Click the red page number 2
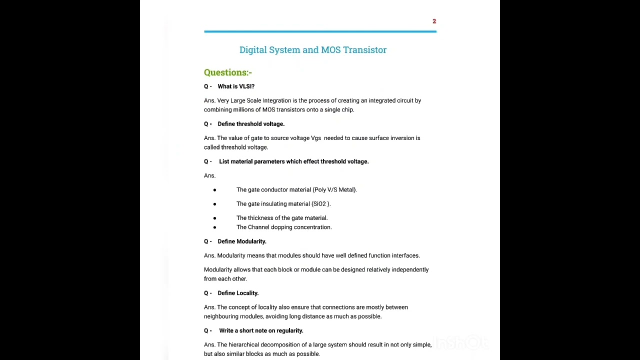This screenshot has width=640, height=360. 434,21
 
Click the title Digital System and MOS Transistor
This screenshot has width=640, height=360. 312,50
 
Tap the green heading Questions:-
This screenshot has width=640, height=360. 227,72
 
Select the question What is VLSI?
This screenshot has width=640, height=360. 236,86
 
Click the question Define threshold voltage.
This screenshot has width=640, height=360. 251,124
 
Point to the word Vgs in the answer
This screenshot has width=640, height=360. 316,138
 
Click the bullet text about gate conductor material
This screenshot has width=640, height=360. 296,190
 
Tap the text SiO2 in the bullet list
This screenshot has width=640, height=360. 319,204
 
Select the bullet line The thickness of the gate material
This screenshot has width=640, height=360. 282,218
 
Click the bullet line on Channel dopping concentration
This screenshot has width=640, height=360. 284,227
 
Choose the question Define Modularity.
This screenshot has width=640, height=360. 241,241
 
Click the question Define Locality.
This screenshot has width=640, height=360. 238,293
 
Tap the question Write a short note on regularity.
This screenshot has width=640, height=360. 261,330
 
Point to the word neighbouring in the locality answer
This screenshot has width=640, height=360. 221,316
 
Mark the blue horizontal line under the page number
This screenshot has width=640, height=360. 320,31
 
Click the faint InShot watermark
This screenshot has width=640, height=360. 460,343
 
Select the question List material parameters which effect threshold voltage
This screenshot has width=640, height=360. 293,161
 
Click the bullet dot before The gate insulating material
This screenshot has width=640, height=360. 214,204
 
